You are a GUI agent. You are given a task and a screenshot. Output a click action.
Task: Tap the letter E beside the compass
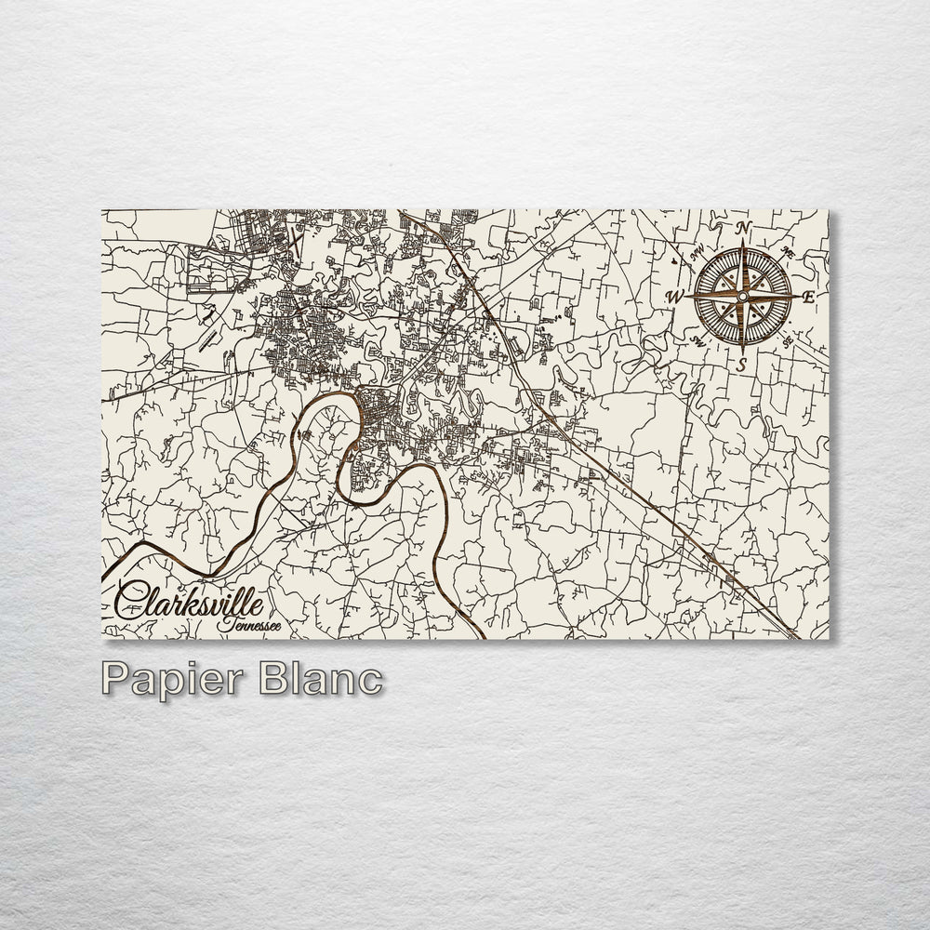click(808, 296)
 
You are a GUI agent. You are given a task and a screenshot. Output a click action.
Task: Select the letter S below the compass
click(741, 365)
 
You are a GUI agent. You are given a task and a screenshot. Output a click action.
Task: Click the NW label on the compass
click(694, 250)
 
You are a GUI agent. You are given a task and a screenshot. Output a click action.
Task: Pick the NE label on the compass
click(788, 251)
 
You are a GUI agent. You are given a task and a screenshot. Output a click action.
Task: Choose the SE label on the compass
click(788, 341)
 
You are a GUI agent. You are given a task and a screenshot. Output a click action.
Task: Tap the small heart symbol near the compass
click(672, 264)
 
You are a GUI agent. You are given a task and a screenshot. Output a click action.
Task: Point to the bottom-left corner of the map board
click(101, 640)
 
